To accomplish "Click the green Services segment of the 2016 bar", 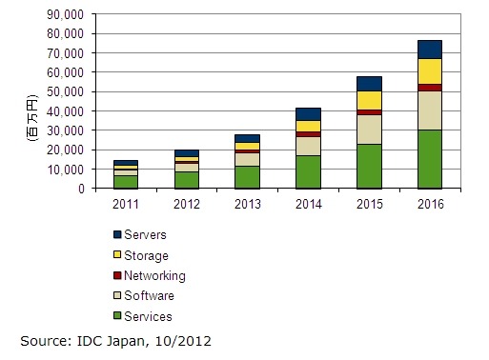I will point(430,159).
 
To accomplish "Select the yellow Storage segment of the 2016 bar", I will point(430,71).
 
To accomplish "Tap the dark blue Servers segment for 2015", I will point(370,84).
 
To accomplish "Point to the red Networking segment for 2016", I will point(430,88).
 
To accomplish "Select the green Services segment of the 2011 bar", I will point(127,181).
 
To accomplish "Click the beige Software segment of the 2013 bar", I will point(248,159).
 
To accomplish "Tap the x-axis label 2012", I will point(187,202).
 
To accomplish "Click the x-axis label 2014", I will point(308,202).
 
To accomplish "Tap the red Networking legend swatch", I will point(118,276).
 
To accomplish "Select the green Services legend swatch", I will point(118,316).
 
